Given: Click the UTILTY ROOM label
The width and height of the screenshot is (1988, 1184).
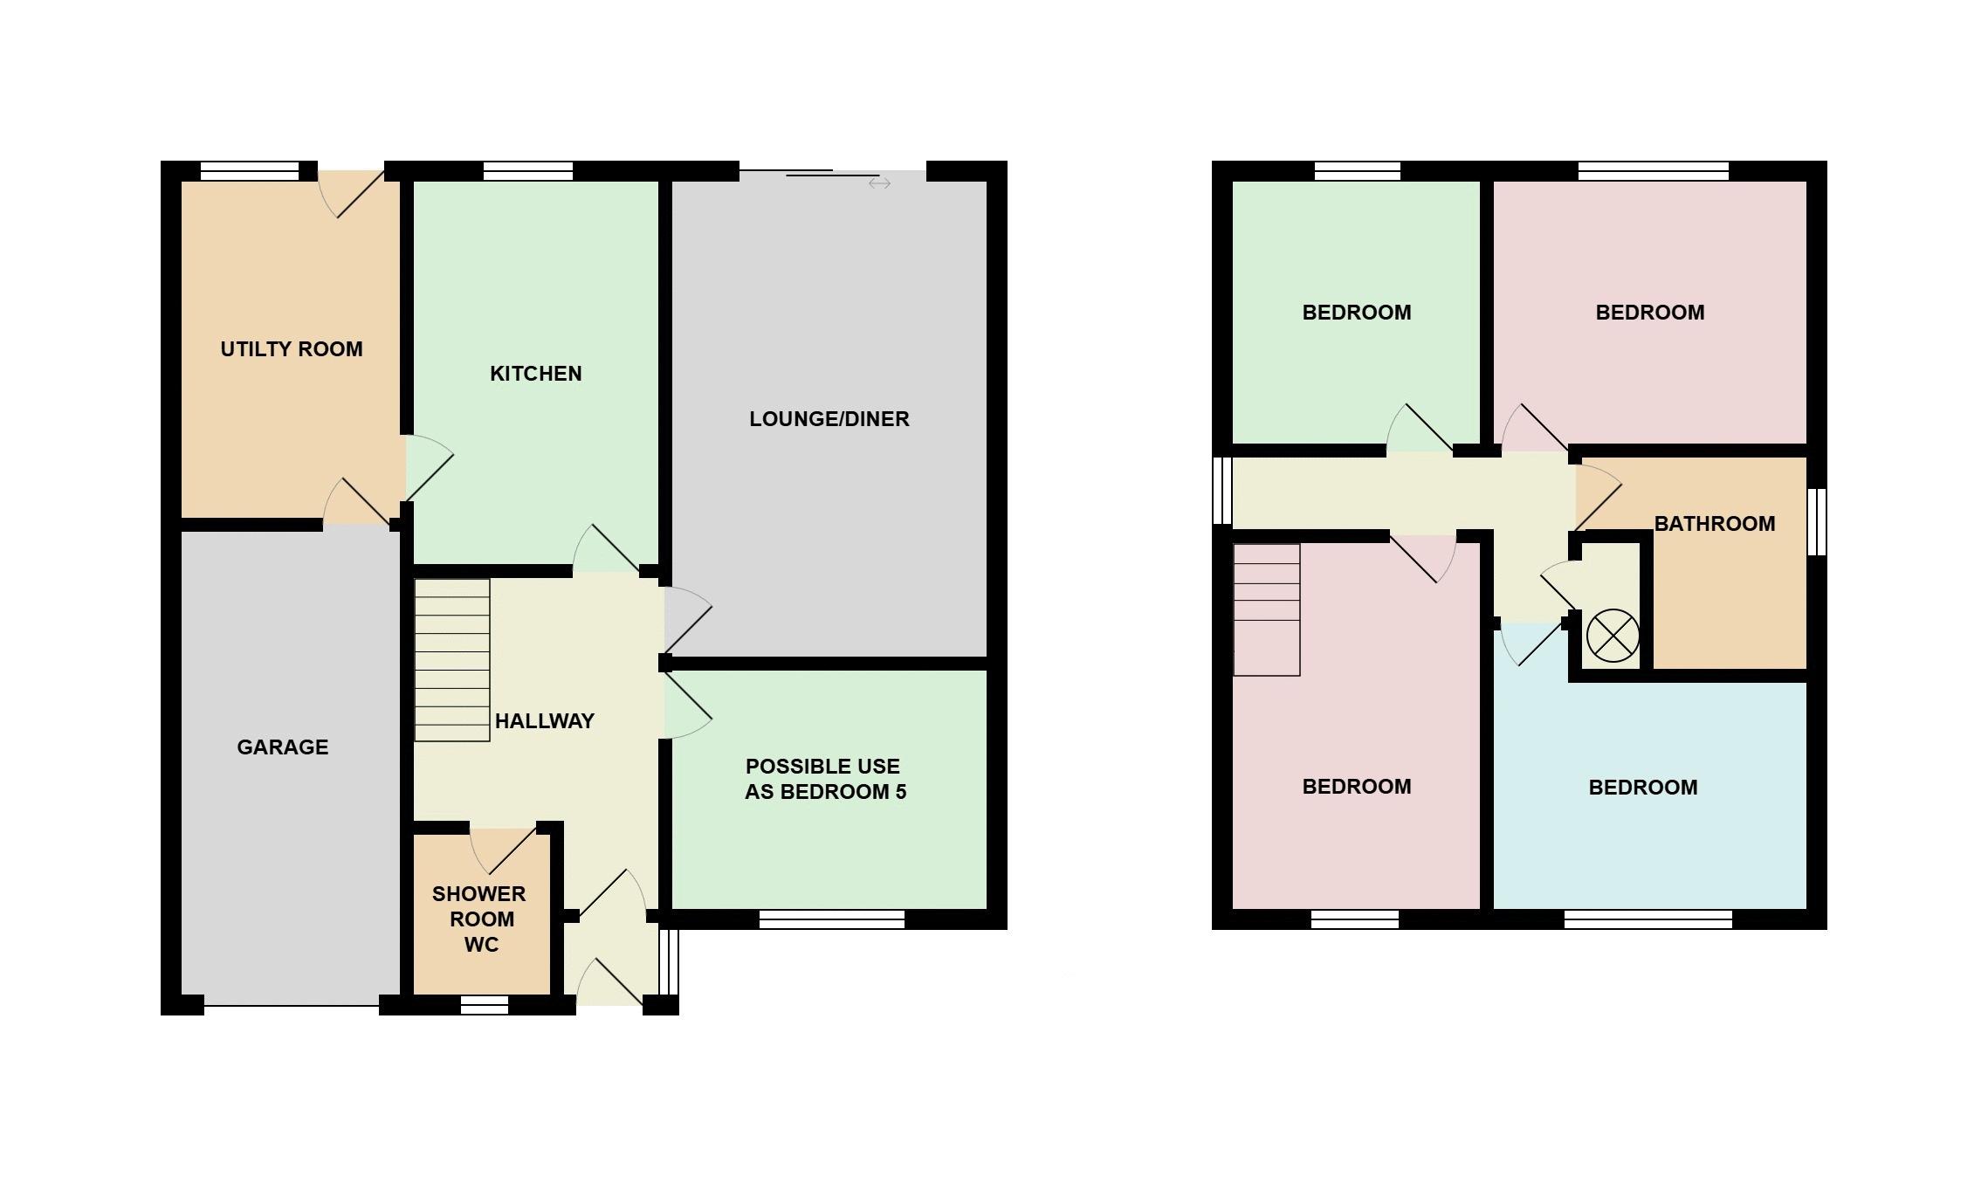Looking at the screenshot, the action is click(x=292, y=349).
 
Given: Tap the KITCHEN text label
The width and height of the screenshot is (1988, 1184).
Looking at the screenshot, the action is click(x=536, y=374).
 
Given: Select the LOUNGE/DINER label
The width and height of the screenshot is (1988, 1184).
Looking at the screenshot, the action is click(x=829, y=419).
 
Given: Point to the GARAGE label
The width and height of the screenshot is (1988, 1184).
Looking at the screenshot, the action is click(x=283, y=747).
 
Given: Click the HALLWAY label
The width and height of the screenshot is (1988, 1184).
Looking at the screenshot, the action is click(x=545, y=721).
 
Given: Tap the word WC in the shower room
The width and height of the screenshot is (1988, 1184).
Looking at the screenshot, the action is click(x=482, y=945).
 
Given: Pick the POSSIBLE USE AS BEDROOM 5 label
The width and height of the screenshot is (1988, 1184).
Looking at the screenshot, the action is click(x=825, y=779).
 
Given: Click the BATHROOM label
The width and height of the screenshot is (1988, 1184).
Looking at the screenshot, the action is click(x=1715, y=524).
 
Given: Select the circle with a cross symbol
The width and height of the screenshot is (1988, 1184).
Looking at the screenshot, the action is click(x=1613, y=636).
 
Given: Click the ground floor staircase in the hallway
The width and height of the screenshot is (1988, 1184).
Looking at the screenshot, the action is click(x=451, y=660).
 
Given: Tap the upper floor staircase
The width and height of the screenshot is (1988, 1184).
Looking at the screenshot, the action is click(x=1266, y=609).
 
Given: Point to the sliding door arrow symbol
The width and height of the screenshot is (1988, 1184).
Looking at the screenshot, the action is click(x=879, y=183).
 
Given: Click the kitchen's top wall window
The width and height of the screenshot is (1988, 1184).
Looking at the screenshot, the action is click(x=528, y=171).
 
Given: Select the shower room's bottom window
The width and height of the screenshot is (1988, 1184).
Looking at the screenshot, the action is click(x=485, y=1005).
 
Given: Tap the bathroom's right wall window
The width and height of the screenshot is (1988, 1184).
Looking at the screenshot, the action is click(x=1817, y=521).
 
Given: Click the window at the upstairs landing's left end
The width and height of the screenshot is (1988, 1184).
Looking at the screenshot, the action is click(x=1222, y=491).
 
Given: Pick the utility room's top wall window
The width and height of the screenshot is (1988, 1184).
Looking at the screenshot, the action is click(x=250, y=171).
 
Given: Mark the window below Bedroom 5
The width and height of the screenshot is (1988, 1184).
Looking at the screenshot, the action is click(x=832, y=919).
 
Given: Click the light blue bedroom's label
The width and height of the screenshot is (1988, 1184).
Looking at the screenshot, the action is click(x=1643, y=788).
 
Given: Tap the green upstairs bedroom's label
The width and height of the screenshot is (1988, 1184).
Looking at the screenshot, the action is click(x=1357, y=313).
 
